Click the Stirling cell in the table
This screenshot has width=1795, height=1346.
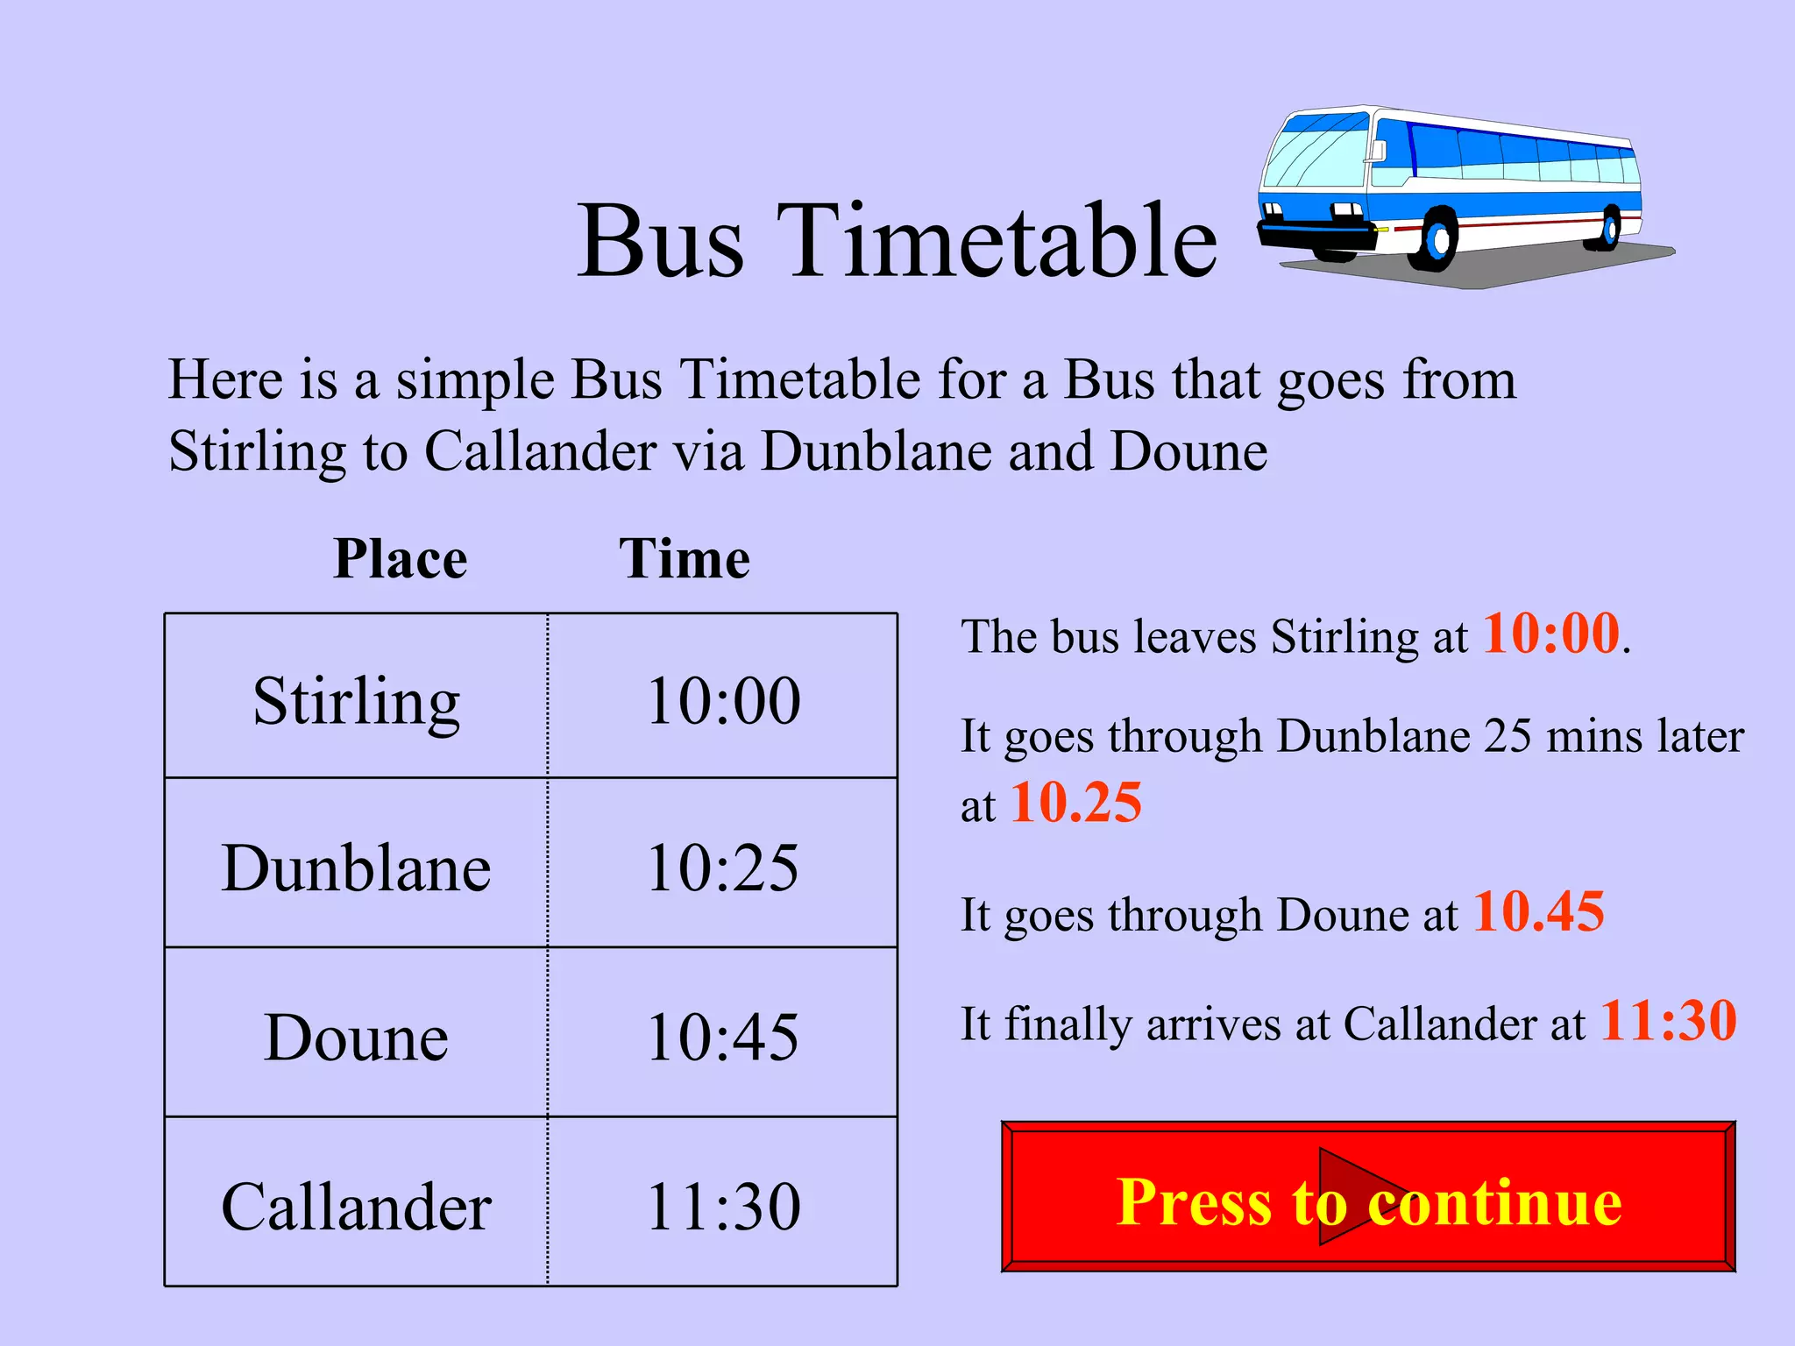pos(356,701)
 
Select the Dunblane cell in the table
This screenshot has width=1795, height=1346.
pos(356,868)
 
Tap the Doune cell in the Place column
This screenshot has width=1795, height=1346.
pos(356,1038)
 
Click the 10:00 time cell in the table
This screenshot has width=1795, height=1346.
pos(723,701)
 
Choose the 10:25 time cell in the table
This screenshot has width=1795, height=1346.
pos(723,868)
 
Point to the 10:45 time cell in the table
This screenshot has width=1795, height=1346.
pos(723,1038)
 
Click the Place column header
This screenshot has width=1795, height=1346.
pos(401,558)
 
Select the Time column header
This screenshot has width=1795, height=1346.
pos(685,558)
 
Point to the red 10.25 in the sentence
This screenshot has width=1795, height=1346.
pos(1076,802)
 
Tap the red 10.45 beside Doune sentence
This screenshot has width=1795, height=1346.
pos(1538,911)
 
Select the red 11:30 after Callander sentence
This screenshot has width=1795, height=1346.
pos(1668,1021)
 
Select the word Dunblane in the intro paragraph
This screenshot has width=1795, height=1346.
pos(876,451)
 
